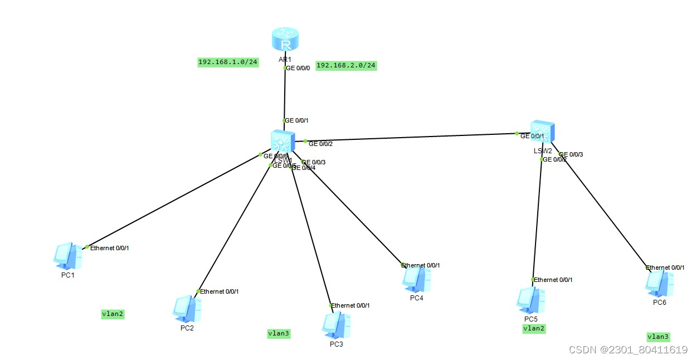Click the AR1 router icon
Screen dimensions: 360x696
click(285, 40)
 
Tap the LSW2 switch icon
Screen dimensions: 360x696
click(541, 132)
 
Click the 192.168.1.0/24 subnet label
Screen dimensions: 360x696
click(228, 62)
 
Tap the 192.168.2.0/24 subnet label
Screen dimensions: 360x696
click(346, 65)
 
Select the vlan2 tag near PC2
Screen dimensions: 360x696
click(113, 314)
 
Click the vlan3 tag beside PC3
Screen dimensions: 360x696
click(279, 333)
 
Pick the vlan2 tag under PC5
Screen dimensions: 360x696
click(534, 328)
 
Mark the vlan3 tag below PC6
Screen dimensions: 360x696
click(658, 337)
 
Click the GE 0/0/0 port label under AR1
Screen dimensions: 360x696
click(298, 68)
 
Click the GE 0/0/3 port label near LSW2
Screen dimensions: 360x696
click(571, 154)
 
